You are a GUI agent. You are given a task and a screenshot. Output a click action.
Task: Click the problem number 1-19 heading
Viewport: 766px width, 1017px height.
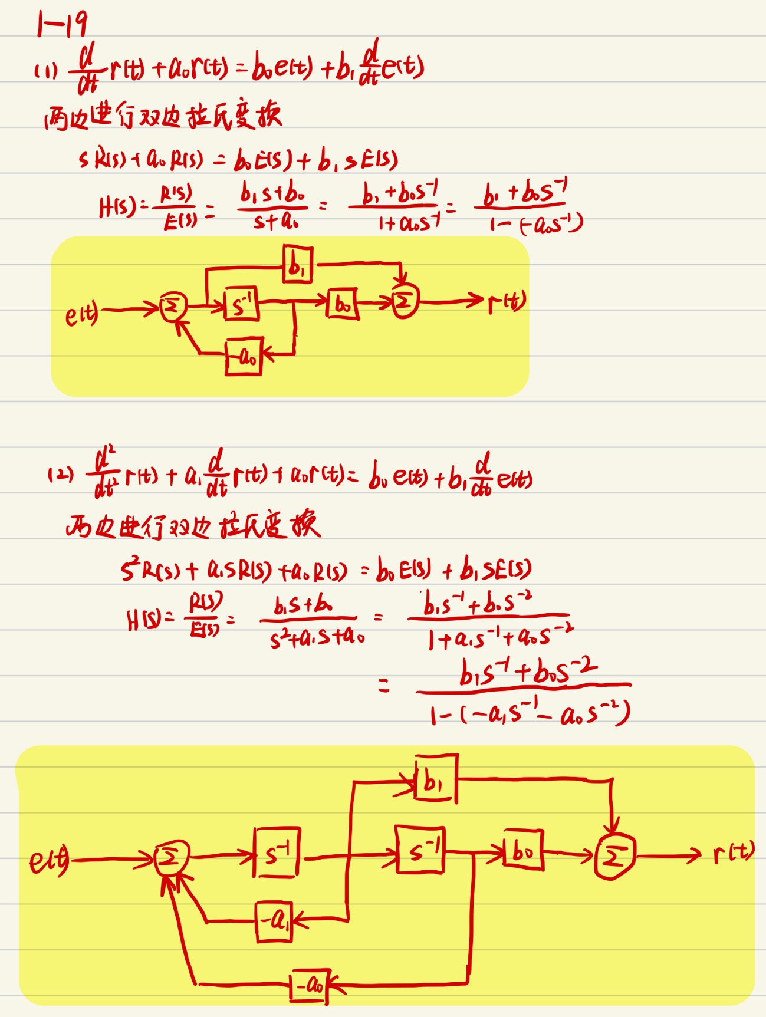point(62,24)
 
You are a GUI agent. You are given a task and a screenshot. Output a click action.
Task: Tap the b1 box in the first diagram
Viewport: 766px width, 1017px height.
point(298,265)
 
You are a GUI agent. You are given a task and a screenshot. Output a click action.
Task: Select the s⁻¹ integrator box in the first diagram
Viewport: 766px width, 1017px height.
point(242,305)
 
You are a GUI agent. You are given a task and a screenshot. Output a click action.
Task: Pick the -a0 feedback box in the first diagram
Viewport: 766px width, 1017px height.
point(244,356)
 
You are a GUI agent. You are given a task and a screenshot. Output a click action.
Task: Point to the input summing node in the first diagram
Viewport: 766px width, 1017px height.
point(173,307)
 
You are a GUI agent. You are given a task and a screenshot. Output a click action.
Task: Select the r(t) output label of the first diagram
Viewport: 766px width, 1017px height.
point(507,302)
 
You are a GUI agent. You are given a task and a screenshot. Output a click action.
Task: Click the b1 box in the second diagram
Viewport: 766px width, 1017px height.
point(436,779)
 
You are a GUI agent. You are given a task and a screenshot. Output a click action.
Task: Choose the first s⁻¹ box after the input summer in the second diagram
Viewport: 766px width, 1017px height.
point(277,853)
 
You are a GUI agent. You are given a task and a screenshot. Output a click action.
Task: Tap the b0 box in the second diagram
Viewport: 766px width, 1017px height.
point(523,850)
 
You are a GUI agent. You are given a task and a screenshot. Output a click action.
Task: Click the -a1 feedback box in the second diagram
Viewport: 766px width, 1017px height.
point(275,921)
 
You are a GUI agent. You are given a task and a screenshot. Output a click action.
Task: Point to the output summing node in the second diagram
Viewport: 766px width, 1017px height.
point(614,857)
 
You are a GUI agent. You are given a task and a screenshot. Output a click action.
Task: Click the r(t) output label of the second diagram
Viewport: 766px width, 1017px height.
point(733,853)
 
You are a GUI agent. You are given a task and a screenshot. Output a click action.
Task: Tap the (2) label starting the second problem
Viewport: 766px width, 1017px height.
point(60,475)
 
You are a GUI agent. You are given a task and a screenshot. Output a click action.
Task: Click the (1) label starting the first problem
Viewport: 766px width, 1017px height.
point(45,71)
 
